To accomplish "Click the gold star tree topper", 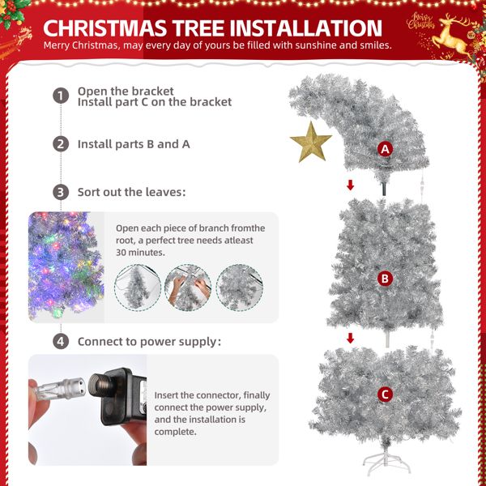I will pyautogui.click(x=311, y=143).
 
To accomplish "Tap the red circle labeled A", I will pyautogui.click(x=386, y=149).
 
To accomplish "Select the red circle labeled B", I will pyautogui.click(x=386, y=279).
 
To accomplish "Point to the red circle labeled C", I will pyautogui.click(x=386, y=395).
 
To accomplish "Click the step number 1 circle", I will pyautogui.click(x=61, y=96).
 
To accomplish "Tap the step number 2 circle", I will pyautogui.click(x=61, y=144).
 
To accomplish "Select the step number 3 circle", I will pyautogui.click(x=61, y=193).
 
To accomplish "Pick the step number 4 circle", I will pyautogui.click(x=61, y=341).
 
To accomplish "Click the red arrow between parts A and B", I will pyautogui.click(x=351, y=185).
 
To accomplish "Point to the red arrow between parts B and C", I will pyautogui.click(x=351, y=338).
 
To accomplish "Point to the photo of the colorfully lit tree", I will pyautogui.click(x=66, y=267).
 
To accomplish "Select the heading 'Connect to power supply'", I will pyautogui.click(x=149, y=341).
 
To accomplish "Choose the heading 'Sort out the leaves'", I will pyautogui.click(x=131, y=193).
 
